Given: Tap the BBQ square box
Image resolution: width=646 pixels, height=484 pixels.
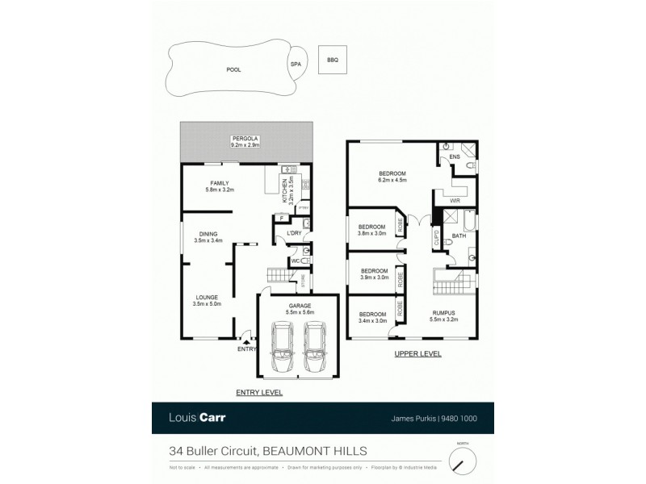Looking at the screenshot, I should tap(332, 60).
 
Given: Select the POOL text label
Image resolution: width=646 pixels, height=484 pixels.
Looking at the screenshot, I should tap(233, 69).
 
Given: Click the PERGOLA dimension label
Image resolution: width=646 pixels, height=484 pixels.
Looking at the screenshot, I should tap(245, 142).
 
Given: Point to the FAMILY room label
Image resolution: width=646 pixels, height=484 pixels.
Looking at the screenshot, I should tap(219, 186).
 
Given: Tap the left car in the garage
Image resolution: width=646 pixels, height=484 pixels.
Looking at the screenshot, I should tap(283, 344).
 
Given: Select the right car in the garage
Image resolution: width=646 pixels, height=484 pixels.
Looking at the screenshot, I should tap(314, 344).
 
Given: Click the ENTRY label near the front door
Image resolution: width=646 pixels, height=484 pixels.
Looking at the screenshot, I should tap(245, 348).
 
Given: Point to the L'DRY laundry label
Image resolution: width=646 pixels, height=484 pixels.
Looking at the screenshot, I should tap(295, 233).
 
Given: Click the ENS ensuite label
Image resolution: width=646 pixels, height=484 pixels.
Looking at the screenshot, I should tap(454, 156).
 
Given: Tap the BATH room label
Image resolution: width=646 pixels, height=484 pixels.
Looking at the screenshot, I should tap(459, 236).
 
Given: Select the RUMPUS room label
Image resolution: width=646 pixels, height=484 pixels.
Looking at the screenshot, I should tap(443, 316).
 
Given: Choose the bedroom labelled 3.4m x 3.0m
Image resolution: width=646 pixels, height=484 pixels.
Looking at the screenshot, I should tap(372, 317).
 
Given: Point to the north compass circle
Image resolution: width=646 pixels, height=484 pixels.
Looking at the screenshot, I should tap(463, 461).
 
